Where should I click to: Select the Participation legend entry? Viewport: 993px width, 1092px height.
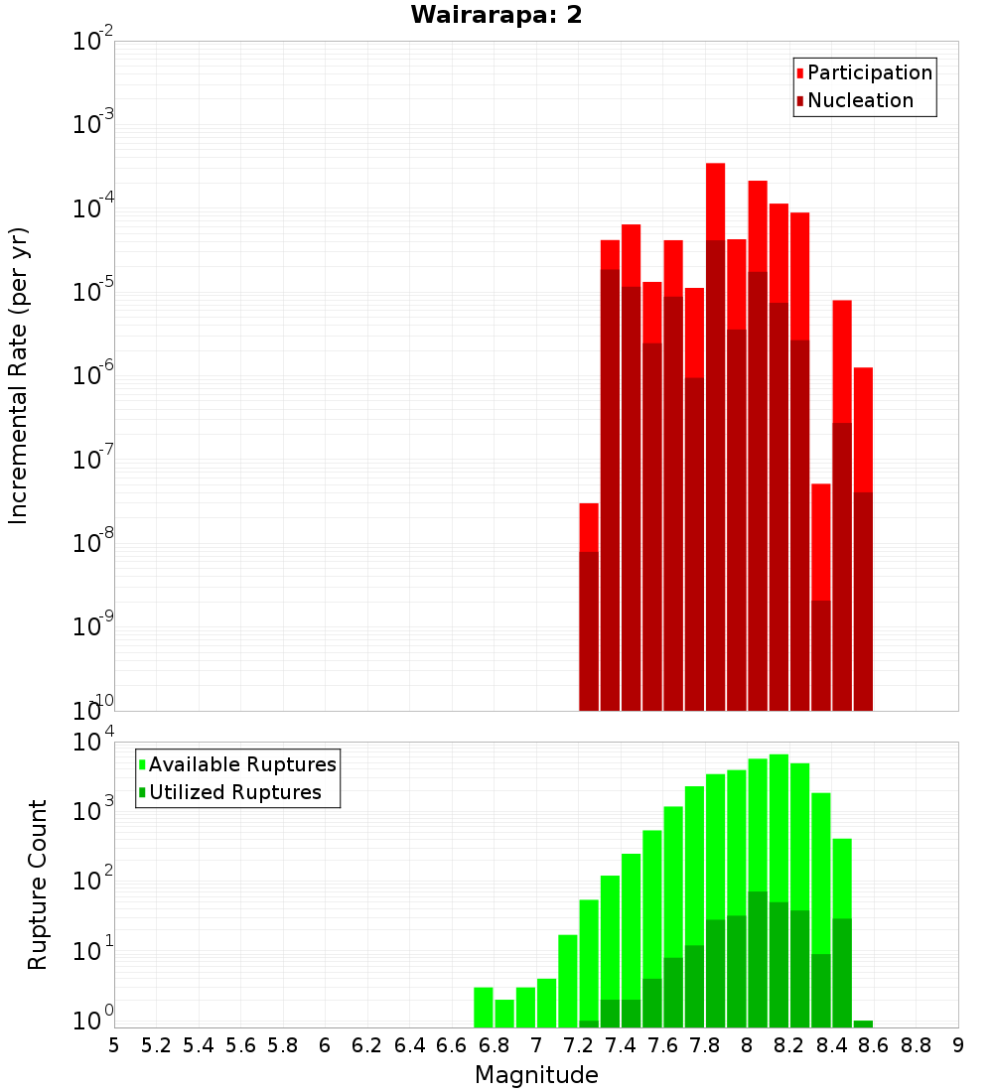[x=870, y=72]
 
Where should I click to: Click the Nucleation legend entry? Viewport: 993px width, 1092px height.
[x=860, y=100]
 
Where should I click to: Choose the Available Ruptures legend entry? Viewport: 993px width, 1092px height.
[x=242, y=764]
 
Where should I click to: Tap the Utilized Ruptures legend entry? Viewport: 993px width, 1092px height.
[x=234, y=792]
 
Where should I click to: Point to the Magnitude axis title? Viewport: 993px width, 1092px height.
[x=536, y=1075]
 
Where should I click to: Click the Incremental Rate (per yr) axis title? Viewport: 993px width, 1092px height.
[x=19, y=375]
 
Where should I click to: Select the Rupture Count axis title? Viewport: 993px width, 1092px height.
[x=38, y=885]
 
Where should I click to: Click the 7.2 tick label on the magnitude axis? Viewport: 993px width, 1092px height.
[x=579, y=1045]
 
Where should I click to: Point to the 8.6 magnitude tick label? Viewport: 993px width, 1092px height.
[x=874, y=1045]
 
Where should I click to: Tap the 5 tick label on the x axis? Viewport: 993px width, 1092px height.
[x=114, y=1045]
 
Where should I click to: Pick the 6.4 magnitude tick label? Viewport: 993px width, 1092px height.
[x=410, y=1045]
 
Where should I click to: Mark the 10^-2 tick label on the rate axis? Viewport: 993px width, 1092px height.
[x=94, y=42]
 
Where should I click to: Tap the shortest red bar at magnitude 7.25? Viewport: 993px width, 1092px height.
[x=589, y=526]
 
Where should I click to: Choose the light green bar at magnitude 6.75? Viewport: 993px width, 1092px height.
[x=484, y=1008]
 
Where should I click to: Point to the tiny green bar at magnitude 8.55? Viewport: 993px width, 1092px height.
[x=863, y=1024]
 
